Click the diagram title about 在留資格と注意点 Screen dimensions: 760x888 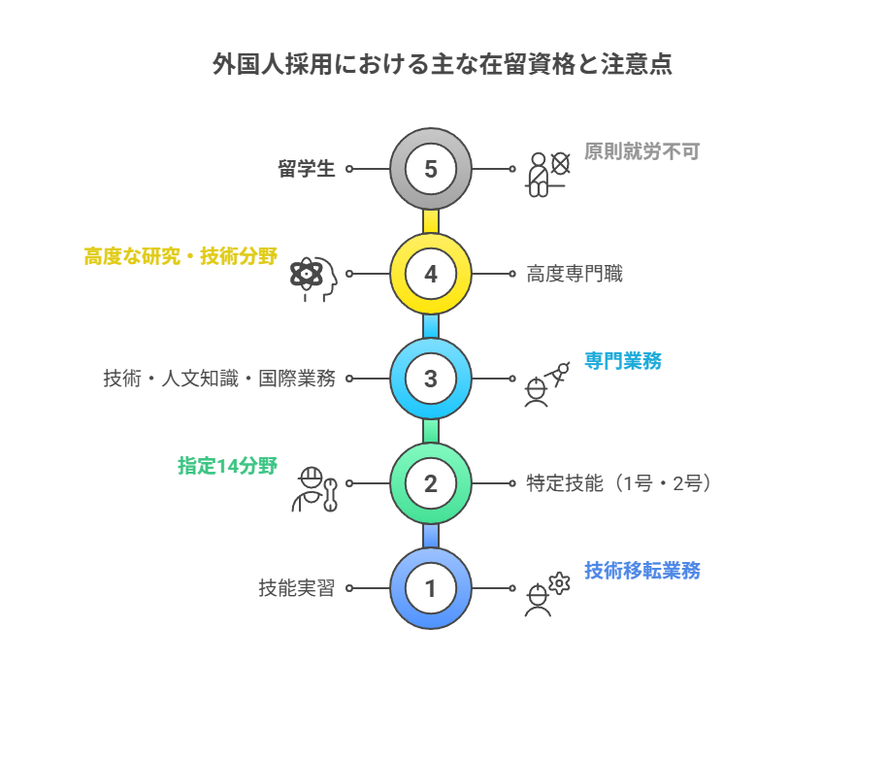(443, 65)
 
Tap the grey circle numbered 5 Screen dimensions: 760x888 (431, 169)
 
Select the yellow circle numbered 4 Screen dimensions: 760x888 (431, 274)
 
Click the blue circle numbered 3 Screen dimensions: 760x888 (431, 379)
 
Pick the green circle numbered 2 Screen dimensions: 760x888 (431, 483)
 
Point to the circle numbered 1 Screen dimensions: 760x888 (431, 588)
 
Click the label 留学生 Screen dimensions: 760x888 (307, 169)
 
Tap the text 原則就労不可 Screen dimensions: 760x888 (641, 151)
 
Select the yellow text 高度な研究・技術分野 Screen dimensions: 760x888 (181, 256)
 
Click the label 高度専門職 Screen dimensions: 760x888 (575, 275)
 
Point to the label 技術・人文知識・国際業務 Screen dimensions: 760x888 (219, 379)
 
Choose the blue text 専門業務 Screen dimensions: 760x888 (623, 361)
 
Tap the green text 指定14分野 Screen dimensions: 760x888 (227, 466)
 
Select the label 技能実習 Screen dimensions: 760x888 (297, 588)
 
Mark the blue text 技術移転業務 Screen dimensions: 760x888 (641, 571)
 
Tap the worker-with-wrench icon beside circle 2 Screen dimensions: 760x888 (314, 488)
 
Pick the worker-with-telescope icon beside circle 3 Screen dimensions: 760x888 (545, 383)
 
